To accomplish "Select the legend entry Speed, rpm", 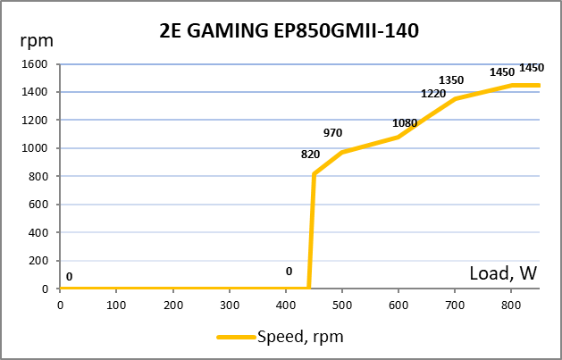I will tap(299, 337).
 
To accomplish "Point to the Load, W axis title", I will tap(503, 274).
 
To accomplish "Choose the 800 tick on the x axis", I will tap(511, 303).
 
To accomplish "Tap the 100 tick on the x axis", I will tap(116, 303).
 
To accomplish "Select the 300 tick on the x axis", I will tap(230, 303).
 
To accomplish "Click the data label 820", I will tap(311, 154).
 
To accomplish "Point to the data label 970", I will tap(333, 133).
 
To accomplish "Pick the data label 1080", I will tap(406, 123).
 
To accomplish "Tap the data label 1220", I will tap(433, 94).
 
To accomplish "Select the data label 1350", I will tap(451, 80).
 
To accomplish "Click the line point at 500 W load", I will tap(342, 153).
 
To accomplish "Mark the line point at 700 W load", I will tap(455, 99).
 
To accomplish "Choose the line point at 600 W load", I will tap(398, 137).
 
